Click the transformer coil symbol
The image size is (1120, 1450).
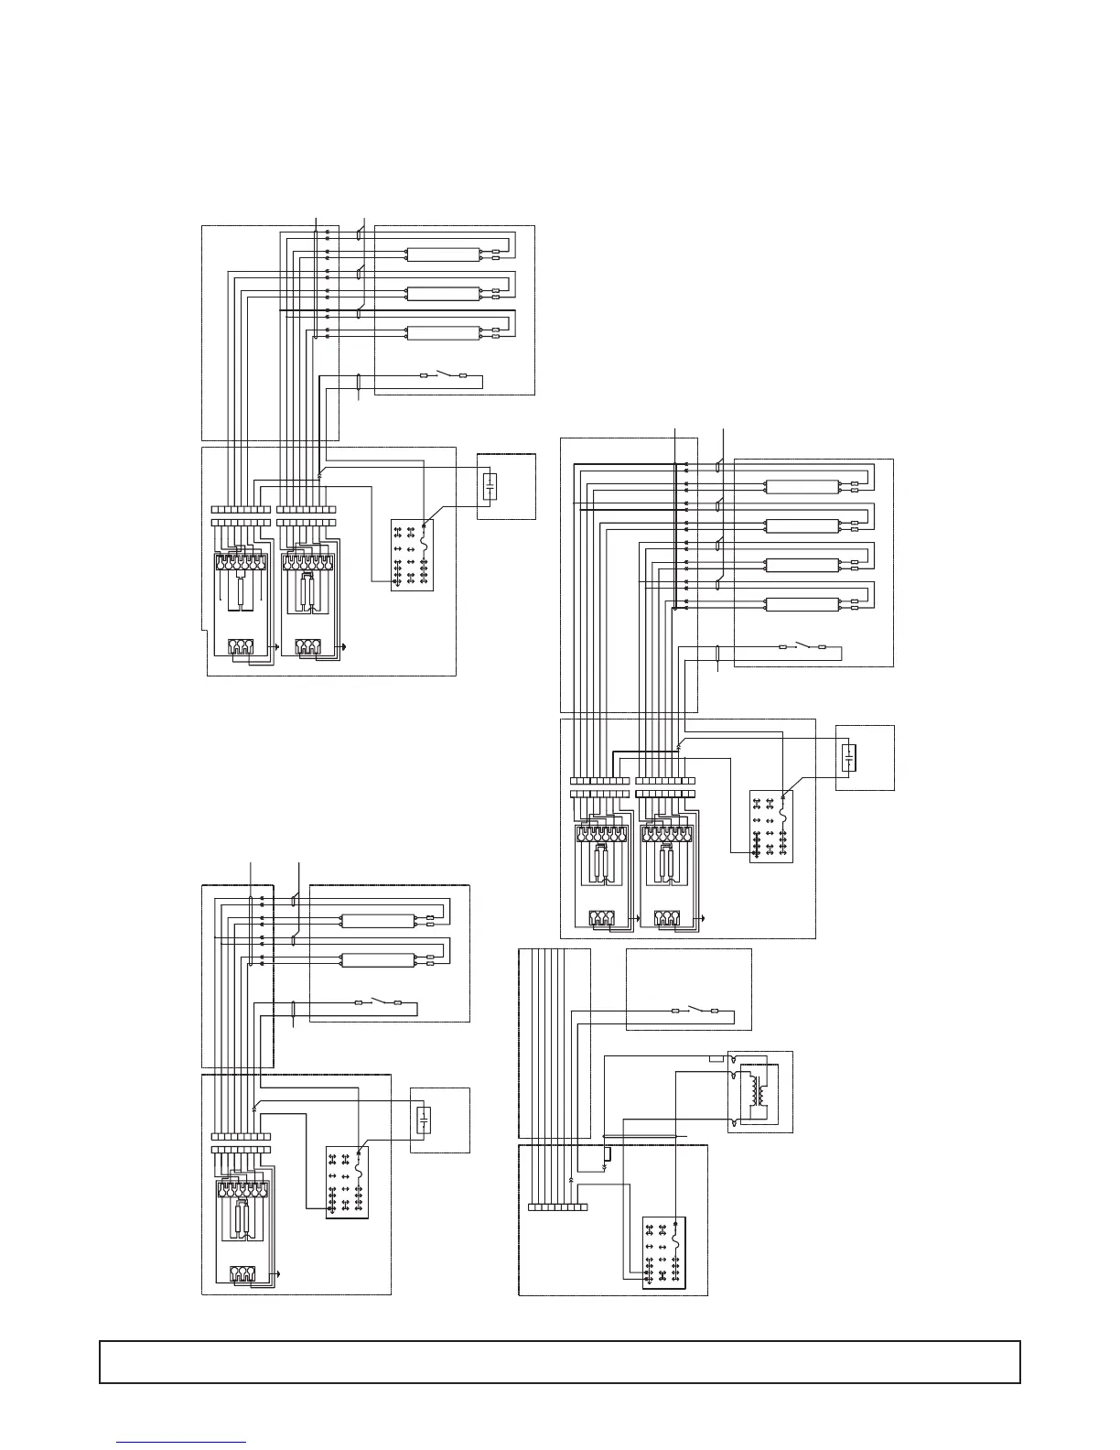click(x=756, y=1092)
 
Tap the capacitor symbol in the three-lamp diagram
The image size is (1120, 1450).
click(x=490, y=486)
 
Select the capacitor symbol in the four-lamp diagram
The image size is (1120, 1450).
click(x=849, y=758)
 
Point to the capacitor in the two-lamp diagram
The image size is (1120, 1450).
click(x=424, y=1120)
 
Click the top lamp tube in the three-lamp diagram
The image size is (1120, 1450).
click(x=443, y=254)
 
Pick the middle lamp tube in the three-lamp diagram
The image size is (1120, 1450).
click(x=443, y=293)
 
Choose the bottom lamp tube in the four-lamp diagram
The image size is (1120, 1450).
click(x=802, y=603)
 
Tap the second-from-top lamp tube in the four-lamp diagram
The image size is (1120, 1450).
click(x=802, y=525)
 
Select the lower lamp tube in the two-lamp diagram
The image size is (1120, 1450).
click(x=377, y=959)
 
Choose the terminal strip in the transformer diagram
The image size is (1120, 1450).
click(x=558, y=1207)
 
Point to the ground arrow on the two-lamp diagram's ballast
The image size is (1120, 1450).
click(x=277, y=1273)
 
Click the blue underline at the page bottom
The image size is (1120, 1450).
click(x=182, y=1443)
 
